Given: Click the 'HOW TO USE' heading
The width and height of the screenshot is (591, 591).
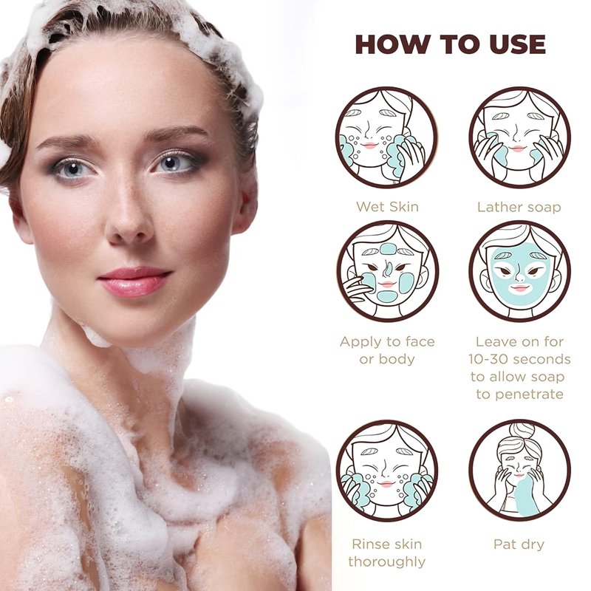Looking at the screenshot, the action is click(x=451, y=44).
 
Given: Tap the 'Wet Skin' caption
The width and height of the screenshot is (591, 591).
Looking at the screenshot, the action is click(x=387, y=207).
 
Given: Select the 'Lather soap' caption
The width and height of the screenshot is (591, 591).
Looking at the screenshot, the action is click(x=519, y=207).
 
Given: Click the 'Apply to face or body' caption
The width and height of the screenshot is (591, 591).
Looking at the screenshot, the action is click(x=387, y=350).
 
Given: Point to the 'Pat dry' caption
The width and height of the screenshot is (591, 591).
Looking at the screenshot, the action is click(x=519, y=544).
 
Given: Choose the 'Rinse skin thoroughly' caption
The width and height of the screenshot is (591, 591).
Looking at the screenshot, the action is click(x=386, y=553).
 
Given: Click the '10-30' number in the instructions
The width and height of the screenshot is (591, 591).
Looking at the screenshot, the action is click(x=491, y=359).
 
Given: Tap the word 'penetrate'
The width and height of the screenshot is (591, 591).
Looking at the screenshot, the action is click(x=530, y=394).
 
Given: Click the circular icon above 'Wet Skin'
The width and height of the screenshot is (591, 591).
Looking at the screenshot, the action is click(x=386, y=137).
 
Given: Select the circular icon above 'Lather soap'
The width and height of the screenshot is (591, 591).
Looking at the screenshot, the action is click(x=520, y=137).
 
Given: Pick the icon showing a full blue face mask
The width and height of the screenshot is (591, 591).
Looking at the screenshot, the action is click(x=520, y=271).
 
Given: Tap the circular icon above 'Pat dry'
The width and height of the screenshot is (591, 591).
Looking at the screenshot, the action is click(x=520, y=471).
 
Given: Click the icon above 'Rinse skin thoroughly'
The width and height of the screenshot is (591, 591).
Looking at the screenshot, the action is click(x=386, y=471).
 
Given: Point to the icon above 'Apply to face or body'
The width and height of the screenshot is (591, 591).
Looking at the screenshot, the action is click(x=387, y=271).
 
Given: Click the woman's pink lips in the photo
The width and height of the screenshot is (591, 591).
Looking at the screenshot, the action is click(x=134, y=281).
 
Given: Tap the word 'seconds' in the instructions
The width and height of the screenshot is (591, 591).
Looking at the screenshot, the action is click(x=544, y=359).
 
